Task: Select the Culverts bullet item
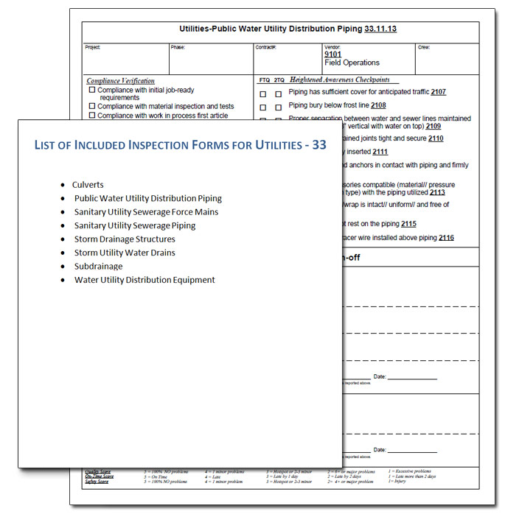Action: (x=88, y=185)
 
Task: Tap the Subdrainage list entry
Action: (x=98, y=266)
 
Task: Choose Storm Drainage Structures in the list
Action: (x=125, y=239)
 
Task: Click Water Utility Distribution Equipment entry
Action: (x=144, y=279)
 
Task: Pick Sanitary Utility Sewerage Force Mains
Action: (x=146, y=212)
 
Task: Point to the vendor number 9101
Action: (x=332, y=54)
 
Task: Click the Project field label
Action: (x=92, y=47)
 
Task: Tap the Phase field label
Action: (x=178, y=47)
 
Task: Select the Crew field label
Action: (x=423, y=47)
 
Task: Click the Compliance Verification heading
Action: (x=120, y=81)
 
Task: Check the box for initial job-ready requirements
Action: (x=92, y=90)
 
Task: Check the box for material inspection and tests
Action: (x=92, y=106)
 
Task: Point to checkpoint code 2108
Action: (x=378, y=105)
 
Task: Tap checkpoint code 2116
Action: (x=445, y=238)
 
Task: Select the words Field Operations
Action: (x=352, y=63)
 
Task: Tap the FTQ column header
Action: (x=264, y=80)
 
